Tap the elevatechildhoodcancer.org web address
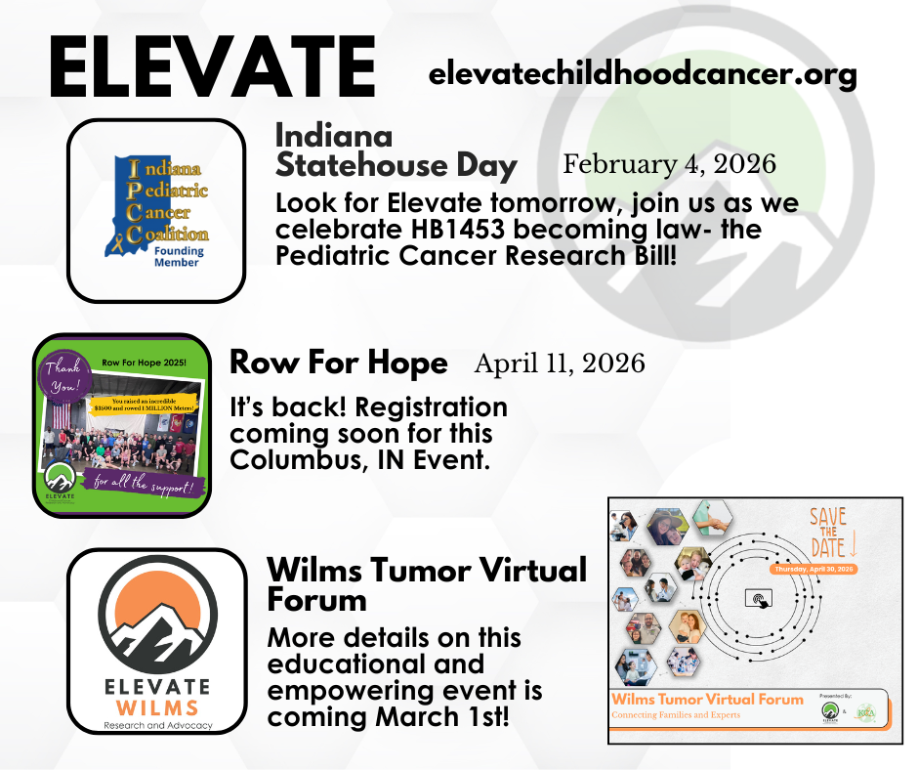[643, 73]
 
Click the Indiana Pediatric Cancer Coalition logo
[156, 209]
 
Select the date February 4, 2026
[669, 164]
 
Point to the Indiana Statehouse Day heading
[396, 150]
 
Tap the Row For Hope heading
[338, 364]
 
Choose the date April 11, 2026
[560, 364]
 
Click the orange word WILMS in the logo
[156, 706]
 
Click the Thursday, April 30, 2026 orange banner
[813, 569]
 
